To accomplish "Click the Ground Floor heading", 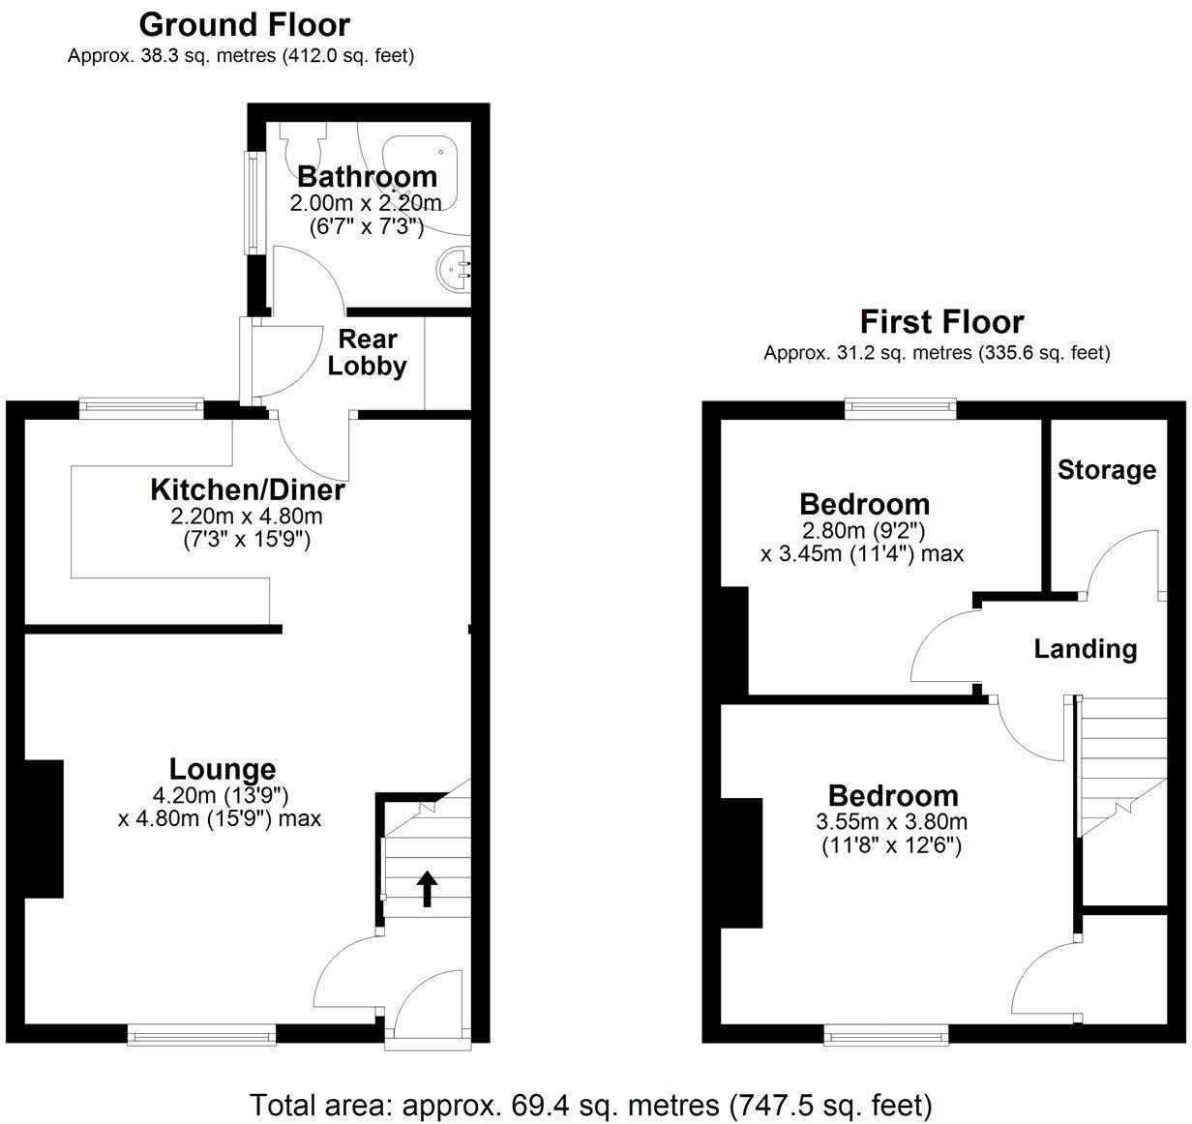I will pyautogui.click(x=244, y=23).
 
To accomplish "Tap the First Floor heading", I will pyautogui.click(x=941, y=321).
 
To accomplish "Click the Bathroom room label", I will pyautogui.click(x=367, y=177).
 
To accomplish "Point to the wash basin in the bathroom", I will pyautogui.click(x=455, y=268).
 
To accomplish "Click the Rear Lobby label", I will pyautogui.click(x=367, y=353).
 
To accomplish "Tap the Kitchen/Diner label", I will pyautogui.click(x=247, y=489).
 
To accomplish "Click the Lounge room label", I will pyautogui.click(x=222, y=769).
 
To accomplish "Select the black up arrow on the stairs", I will pyautogui.click(x=427, y=887).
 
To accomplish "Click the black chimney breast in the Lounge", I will pyautogui.click(x=44, y=829).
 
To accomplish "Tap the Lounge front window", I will pyautogui.click(x=201, y=1035).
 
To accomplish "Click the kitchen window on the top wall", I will pyautogui.click(x=141, y=408).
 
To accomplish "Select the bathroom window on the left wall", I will pyautogui.click(x=253, y=200).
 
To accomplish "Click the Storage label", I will pyautogui.click(x=1106, y=470).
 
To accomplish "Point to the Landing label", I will pyautogui.click(x=1085, y=648).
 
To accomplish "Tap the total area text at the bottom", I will pyautogui.click(x=590, y=1104).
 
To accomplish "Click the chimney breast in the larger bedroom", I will pyautogui.click(x=742, y=862).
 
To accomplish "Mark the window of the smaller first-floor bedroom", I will pyautogui.click(x=900, y=408).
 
